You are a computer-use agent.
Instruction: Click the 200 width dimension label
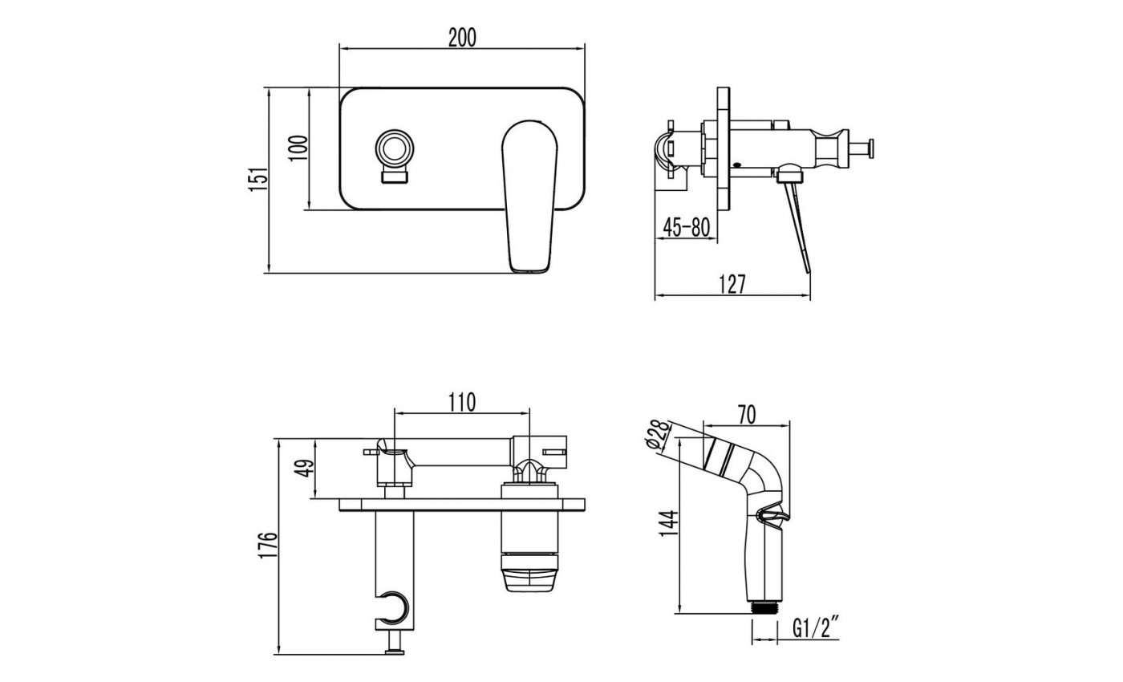pyautogui.click(x=462, y=38)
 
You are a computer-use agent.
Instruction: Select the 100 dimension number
pyautogui.click(x=298, y=148)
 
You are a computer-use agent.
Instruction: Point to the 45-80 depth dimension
pyautogui.click(x=687, y=228)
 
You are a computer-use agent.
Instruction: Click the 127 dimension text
pyautogui.click(x=732, y=285)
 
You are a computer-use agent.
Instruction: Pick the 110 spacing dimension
pyautogui.click(x=462, y=403)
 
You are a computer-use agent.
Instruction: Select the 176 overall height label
pyautogui.click(x=270, y=547)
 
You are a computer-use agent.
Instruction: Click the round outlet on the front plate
pyautogui.click(x=394, y=149)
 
